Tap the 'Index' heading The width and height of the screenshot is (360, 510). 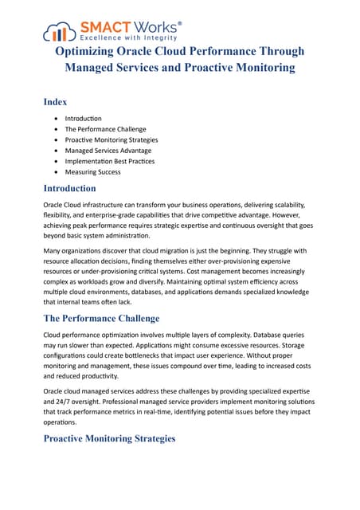click(55, 102)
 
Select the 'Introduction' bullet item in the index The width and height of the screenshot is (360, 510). click(84, 118)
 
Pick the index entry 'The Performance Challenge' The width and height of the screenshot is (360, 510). click(105, 129)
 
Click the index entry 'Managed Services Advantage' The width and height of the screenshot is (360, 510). click(108, 150)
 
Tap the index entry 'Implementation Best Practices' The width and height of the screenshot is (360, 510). click(110, 161)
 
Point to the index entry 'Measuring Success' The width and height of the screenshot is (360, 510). click(94, 171)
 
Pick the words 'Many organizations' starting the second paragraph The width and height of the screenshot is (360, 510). click(74, 251)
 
